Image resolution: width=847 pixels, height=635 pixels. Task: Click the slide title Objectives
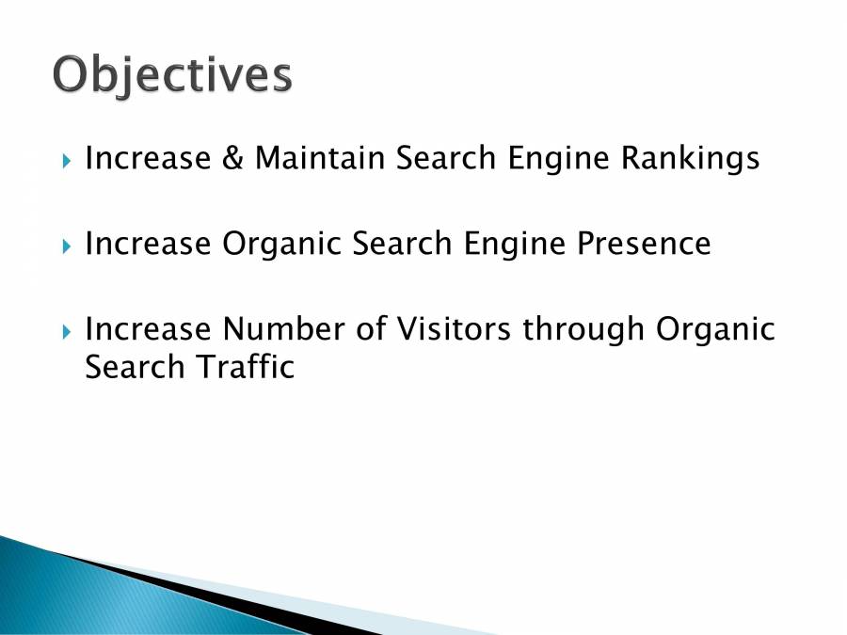(172, 75)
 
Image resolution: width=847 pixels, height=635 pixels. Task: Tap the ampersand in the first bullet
(232, 158)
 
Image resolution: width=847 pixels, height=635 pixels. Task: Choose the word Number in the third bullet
(282, 329)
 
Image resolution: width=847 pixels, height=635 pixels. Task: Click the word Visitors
(449, 329)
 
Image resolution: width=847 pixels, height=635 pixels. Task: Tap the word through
(584, 329)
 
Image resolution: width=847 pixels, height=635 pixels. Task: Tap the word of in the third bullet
(375, 329)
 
